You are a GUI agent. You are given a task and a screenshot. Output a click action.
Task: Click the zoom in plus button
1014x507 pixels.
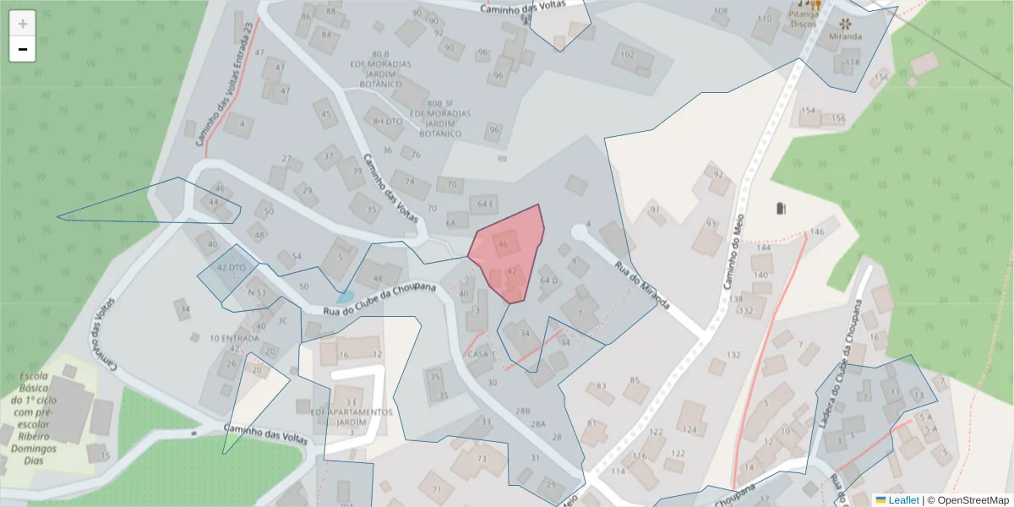(23, 24)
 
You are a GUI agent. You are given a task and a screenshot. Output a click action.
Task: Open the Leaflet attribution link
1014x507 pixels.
(902, 500)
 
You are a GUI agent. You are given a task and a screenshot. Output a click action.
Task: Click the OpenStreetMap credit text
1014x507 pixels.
(973, 500)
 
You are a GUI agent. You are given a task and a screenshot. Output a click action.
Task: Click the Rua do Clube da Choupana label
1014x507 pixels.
(380, 300)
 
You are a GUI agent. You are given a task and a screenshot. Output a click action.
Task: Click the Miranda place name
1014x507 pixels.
(845, 36)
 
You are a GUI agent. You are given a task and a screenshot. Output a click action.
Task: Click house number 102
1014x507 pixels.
(627, 55)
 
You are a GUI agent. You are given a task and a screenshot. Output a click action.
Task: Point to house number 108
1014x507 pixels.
(720, 11)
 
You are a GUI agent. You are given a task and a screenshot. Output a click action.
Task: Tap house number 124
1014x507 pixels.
(690, 429)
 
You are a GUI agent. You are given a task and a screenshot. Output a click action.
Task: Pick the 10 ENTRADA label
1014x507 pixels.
(234, 338)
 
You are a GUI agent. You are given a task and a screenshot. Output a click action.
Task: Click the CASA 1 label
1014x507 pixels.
(480, 354)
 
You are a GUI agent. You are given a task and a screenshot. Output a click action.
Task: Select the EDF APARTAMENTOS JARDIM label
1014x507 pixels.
(352, 417)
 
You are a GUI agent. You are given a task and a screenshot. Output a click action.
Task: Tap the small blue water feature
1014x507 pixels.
(345, 297)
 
